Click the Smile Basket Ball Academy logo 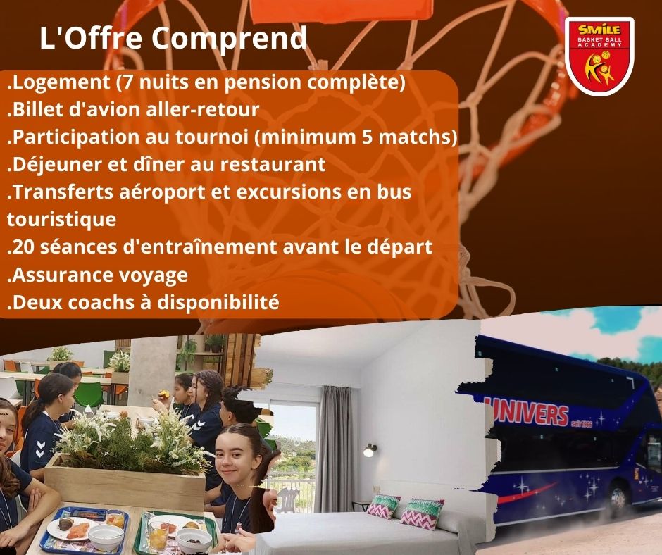599,56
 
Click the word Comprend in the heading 230,39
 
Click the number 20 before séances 23,247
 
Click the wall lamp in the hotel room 370,450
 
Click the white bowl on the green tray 193,540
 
